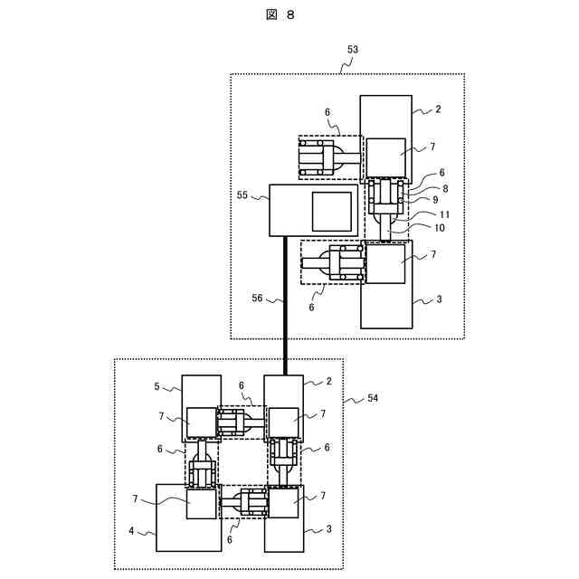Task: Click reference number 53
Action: pos(353,50)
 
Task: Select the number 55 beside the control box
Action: pos(242,195)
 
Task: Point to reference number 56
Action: pos(259,297)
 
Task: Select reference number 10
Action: pos(439,228)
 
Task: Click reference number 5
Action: pos(157,386)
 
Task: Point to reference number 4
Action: pos(133,531)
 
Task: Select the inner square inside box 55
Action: pos(332,211)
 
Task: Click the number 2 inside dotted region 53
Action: pos(438,109)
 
